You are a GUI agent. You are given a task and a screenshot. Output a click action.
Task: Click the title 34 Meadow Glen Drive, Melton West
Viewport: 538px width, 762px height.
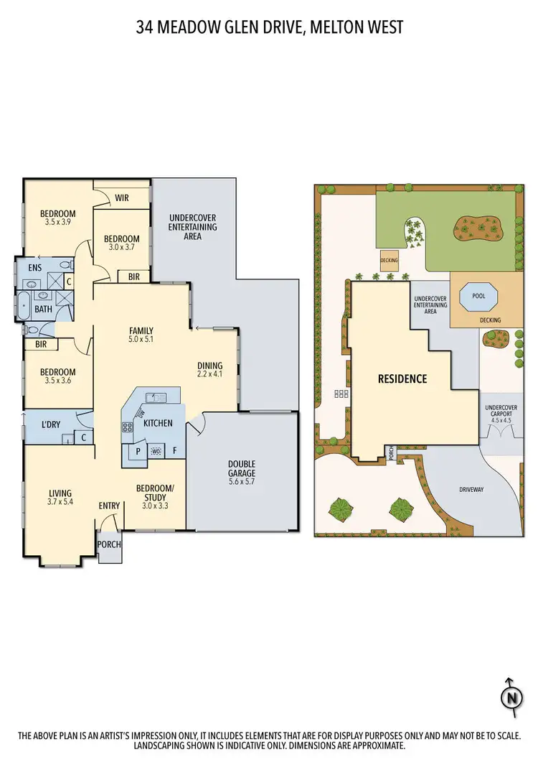pos(269,28)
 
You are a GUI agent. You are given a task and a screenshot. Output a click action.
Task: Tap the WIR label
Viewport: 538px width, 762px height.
pos(121,198)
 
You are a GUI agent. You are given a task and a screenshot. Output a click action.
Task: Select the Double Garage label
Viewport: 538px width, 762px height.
pos(242,468)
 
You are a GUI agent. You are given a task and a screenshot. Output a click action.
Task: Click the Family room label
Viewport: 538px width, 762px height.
pos(141,331)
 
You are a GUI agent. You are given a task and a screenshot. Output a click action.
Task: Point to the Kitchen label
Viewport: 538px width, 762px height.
pos(158,423)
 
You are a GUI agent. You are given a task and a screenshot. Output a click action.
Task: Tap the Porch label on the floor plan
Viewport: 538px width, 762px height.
pos(109,544)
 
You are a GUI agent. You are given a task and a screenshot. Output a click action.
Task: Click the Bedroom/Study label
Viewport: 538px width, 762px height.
pos(151,493)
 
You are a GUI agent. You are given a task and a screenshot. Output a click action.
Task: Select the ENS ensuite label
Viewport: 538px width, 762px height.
pos(35,268)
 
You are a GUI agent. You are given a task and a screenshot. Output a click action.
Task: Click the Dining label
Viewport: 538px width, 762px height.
pos(210,365)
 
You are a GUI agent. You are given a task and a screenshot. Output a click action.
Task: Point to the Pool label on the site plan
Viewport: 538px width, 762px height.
pos(477,294)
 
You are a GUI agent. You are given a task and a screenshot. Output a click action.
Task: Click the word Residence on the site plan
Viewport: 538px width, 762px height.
pos(402,378)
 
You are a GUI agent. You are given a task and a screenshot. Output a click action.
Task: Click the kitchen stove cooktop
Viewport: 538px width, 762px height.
pos(127,427)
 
